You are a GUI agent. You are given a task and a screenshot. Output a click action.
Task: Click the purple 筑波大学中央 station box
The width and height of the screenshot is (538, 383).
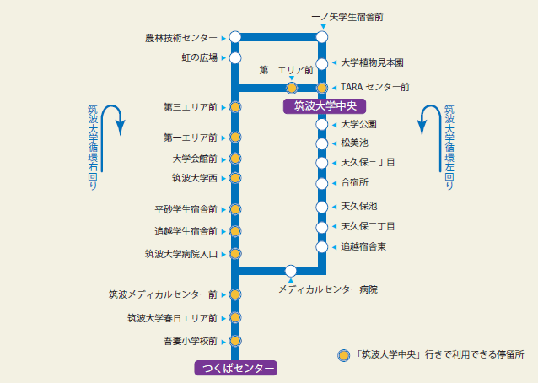coord(325,106)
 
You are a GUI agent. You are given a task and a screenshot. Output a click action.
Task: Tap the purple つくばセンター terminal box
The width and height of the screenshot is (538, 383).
coord(236,368)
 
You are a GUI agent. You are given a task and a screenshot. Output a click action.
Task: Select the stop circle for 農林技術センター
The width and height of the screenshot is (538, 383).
coord(235,37)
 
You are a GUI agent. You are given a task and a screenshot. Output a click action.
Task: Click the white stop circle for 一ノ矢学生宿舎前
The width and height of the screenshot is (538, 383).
coord(322,37)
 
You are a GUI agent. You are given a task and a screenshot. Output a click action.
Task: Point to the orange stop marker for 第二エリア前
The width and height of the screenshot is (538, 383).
coord(292,89)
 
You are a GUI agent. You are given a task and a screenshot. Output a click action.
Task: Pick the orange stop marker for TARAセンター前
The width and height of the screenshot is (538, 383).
coord(322,89)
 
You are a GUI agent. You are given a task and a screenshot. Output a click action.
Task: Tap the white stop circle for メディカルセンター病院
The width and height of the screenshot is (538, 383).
coord(291,271)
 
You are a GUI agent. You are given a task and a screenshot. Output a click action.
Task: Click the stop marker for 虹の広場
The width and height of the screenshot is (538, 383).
coord(235,57)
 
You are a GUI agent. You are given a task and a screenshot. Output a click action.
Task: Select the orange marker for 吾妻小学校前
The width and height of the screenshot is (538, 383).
coord(235,341)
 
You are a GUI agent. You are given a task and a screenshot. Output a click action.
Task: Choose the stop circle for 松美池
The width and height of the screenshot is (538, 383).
coord(322,143)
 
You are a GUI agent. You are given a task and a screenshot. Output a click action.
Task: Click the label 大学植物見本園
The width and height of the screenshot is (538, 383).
coord(372,62)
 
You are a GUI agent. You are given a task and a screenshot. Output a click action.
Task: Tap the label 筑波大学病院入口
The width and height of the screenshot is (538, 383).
coord(181,254)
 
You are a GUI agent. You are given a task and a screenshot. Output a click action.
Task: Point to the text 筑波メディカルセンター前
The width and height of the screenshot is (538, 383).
coord(163,294)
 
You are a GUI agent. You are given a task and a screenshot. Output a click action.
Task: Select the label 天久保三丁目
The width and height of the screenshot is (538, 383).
coord(368,162)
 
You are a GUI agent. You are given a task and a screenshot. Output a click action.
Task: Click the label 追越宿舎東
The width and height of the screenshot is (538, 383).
coord(363,246)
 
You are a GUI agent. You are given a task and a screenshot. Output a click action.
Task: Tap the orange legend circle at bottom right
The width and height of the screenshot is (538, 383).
coord(344,355)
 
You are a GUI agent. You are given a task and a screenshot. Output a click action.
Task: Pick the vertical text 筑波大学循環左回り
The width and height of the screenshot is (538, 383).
coord(449,148)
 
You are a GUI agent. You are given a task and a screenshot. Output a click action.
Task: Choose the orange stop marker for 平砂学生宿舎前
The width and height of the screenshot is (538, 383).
coord(235,209)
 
